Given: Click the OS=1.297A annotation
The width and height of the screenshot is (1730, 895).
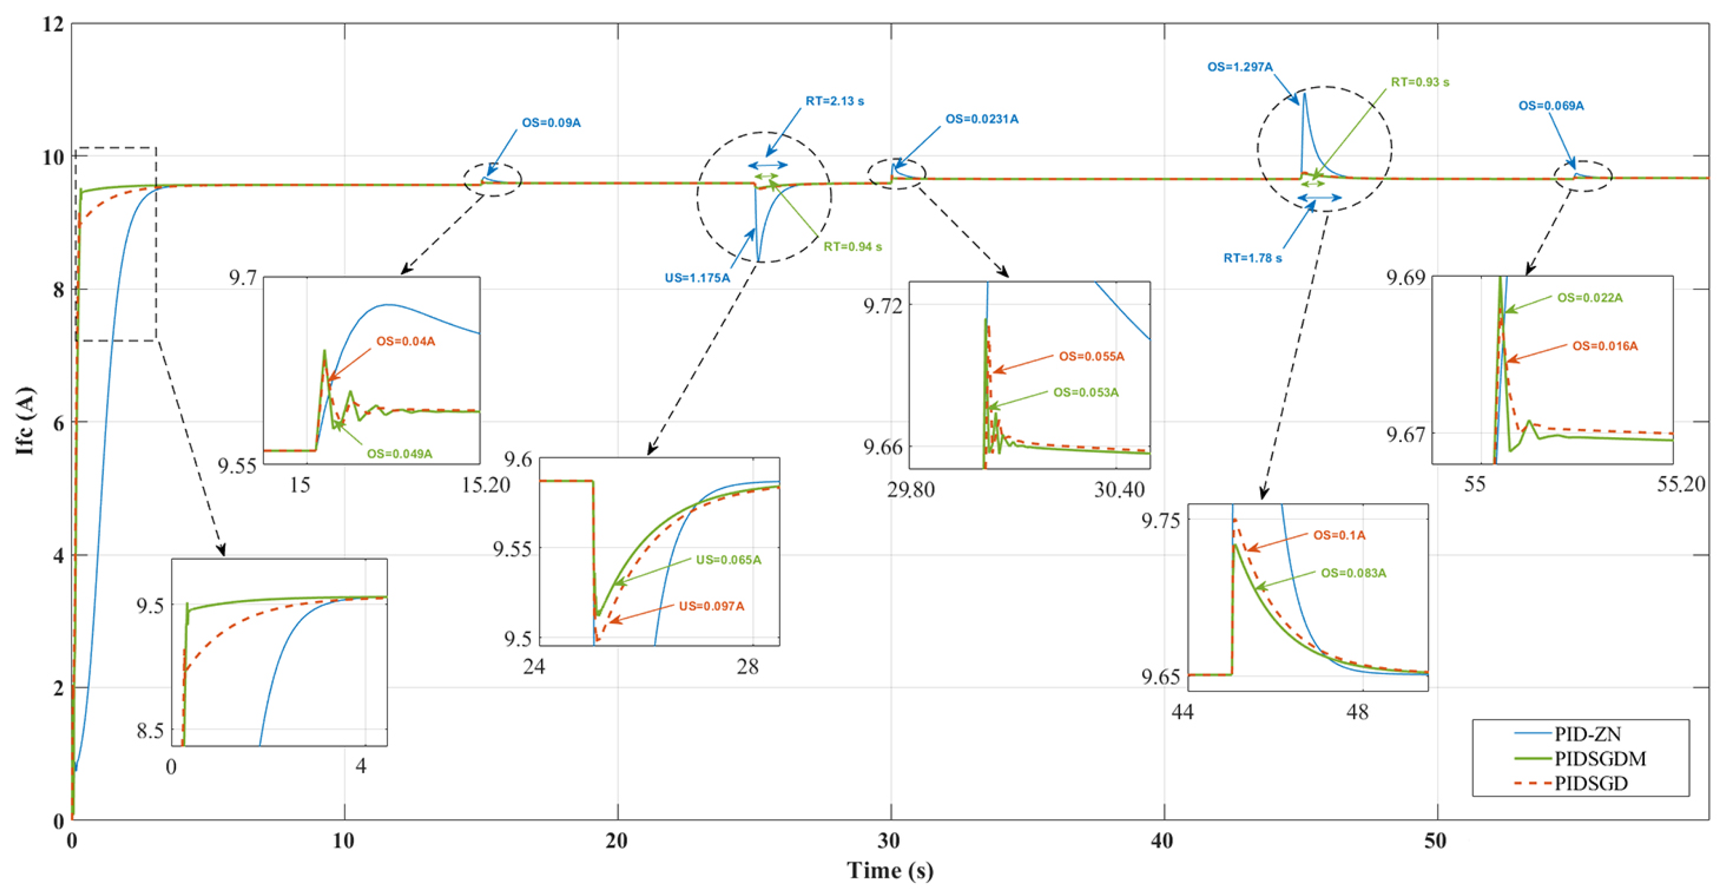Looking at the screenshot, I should click(x=1240, y=67).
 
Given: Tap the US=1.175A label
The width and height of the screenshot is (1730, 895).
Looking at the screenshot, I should click(x=697, y=278).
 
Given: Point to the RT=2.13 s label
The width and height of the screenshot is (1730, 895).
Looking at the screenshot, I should click(x=835, y=101).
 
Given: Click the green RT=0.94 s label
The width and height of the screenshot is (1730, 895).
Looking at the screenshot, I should click(x=852, y=247).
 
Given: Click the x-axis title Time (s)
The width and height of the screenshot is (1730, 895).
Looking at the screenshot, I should click(x=889, y=871).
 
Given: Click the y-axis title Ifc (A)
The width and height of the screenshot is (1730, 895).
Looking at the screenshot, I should click(x=26, y=421).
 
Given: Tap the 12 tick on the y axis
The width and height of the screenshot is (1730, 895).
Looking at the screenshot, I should click(x=52, y=24).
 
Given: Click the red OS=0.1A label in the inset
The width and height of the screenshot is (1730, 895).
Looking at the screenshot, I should click(x=1339, y=536).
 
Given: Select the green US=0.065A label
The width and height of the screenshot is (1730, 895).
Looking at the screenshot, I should click(x=728, y=560).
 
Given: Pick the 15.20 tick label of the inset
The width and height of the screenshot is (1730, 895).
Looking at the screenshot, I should click(x=486, y=484).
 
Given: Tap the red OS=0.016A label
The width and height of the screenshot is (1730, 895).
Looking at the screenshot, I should click(x=1604, y=346).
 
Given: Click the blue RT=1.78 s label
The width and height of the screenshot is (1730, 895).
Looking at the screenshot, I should click(x=1252, y=258).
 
